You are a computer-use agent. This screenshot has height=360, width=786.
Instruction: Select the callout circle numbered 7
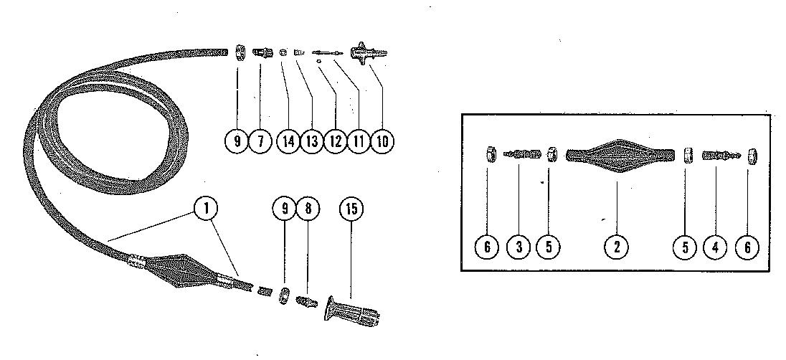point(260,141)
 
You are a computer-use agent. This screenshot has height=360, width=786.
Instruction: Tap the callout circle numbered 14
point(288,141)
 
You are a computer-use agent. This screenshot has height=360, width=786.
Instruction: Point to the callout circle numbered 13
point(311,141)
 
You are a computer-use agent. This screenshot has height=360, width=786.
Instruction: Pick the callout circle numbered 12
point(334,141)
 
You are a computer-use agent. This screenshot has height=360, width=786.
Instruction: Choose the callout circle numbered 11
point(357,141)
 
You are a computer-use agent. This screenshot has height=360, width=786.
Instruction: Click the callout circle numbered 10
point(382,141)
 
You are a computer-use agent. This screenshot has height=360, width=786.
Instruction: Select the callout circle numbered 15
point(351,209)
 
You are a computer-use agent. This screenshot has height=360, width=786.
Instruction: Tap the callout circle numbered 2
point(616,247)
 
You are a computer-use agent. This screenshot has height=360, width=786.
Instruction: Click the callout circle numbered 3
point(519,247)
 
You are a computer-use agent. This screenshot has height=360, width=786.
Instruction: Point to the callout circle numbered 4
point(715,247)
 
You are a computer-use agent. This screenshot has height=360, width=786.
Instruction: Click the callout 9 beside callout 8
point(283,209)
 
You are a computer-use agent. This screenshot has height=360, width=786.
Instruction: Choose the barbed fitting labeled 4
point(719,155)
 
